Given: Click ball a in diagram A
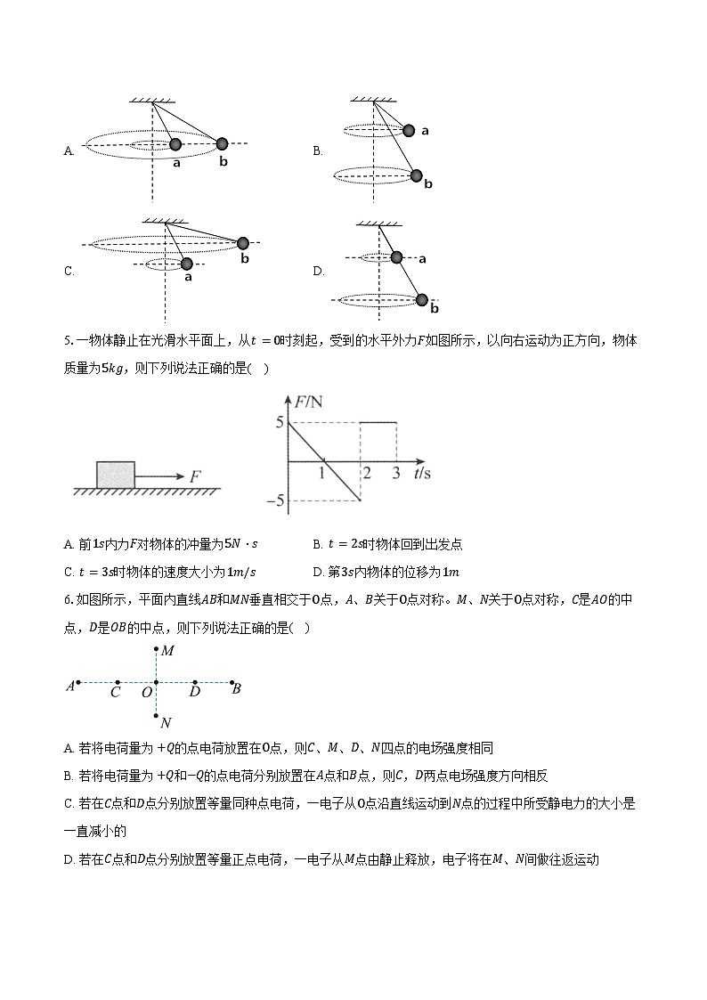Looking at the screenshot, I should tap(175, 144).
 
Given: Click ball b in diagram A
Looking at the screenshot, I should tap(222, 143).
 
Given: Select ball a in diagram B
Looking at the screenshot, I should tap(409, 130).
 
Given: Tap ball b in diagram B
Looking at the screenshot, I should tap(416, 175).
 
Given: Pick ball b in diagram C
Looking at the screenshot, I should tap(242, 242).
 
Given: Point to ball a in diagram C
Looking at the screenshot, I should tap(186, 264).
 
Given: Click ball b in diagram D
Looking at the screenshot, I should tap(422, 300).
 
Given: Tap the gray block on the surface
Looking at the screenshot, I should tap(115, 474).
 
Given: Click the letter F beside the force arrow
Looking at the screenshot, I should tap(193, 476).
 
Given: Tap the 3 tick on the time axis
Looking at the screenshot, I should tap(396, 474).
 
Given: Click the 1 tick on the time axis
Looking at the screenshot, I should tap(322, 474).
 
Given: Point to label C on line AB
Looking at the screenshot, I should tap(116, 692).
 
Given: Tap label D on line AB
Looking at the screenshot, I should tap(195, 692).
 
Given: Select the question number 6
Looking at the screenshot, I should tap(68, 600).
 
